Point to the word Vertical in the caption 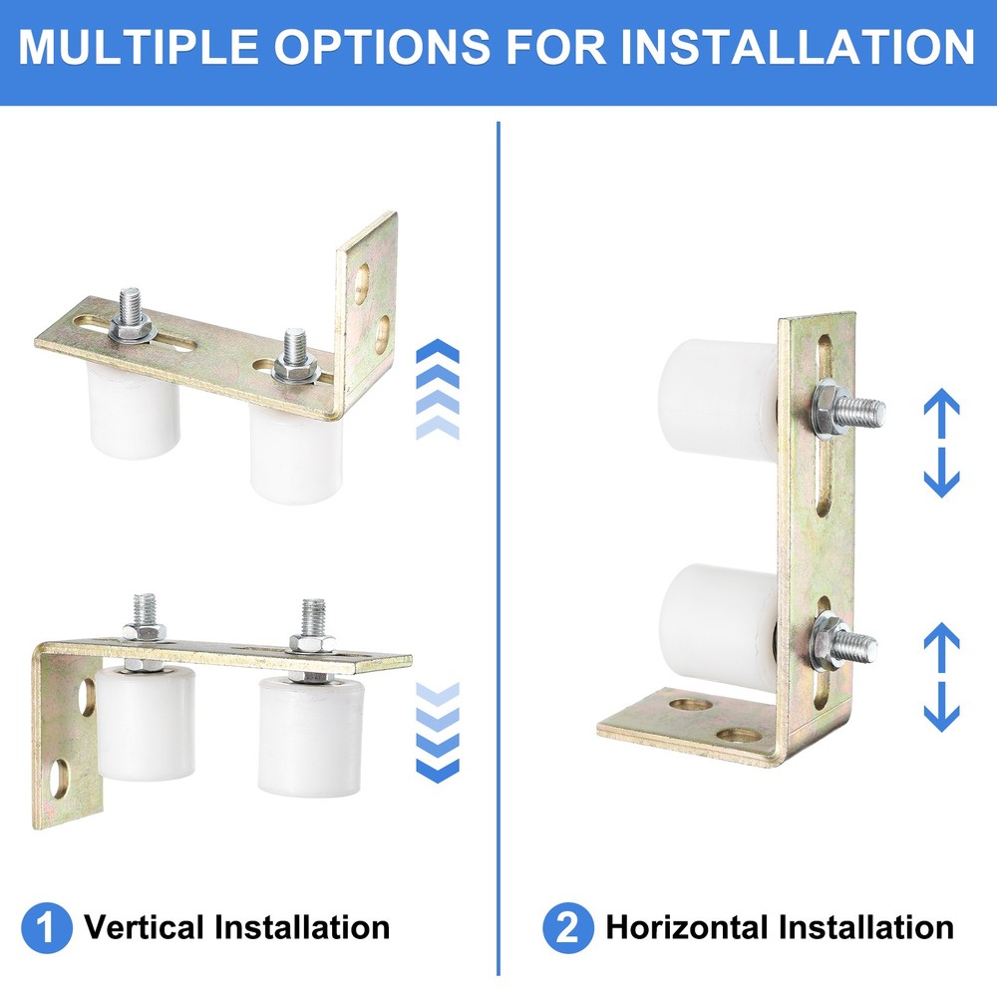coord(144,928)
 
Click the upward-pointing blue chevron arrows coord(437,389)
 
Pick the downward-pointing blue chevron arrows coord(437,732)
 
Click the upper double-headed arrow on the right coord(941,444)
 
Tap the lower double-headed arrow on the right coord(941,677)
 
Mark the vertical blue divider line coord(498,548)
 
